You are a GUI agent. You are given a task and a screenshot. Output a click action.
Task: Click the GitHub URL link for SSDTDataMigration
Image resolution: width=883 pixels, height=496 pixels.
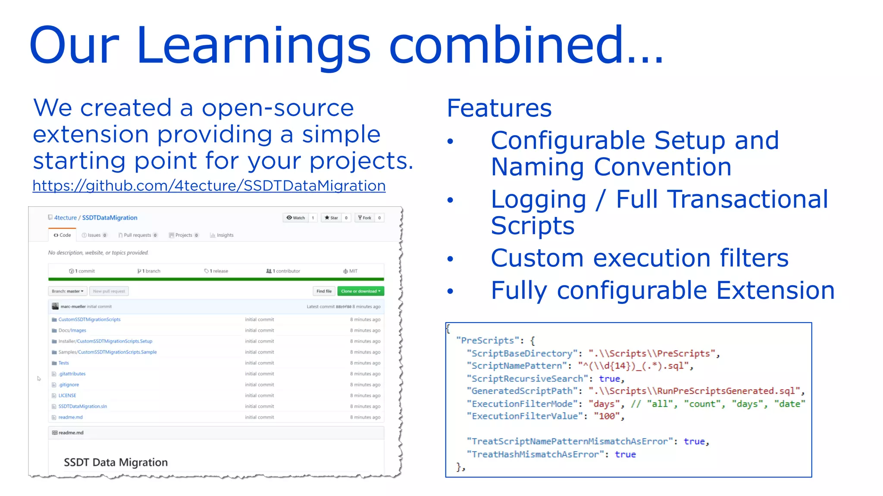(x=209, y=186)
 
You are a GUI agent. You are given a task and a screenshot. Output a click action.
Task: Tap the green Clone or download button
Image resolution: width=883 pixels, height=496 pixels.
(x=360, y=291)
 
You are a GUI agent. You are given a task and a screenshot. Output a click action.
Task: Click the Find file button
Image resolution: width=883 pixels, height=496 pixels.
(x=324, y=291)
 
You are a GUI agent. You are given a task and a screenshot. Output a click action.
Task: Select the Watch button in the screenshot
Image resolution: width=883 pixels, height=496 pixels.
(x=296, y=218)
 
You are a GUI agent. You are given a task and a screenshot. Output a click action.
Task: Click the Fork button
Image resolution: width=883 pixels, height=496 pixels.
(x=365, y=218)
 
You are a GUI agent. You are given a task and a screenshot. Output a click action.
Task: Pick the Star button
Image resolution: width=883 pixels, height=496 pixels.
(x=332, y=218)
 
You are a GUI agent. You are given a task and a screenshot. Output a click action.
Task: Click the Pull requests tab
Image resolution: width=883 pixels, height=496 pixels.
(x=138, y=235)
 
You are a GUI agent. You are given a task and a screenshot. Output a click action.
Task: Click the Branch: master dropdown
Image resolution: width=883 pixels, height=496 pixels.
(x=68, y=291)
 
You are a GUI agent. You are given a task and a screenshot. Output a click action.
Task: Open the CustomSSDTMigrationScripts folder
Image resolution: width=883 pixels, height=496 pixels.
(x=89, y=319)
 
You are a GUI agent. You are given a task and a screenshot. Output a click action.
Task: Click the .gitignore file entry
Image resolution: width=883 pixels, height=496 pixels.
(x=69, y=385)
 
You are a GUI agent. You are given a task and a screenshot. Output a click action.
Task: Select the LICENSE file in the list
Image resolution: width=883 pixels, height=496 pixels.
(x=67, y=396)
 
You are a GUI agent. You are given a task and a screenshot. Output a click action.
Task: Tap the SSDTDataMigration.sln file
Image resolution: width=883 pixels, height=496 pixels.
(x=83, y=406)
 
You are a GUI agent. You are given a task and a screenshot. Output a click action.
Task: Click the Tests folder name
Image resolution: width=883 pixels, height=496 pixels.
(x=64, y=363)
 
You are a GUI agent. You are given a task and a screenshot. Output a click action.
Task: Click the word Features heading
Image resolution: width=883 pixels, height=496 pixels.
(x=499, y=108)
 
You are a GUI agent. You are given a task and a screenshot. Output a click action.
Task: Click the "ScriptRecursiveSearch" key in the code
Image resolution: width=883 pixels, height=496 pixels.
(x=527, y=379)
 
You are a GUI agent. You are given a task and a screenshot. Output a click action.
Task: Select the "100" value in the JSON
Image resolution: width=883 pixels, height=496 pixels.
(x=607, y=416)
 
